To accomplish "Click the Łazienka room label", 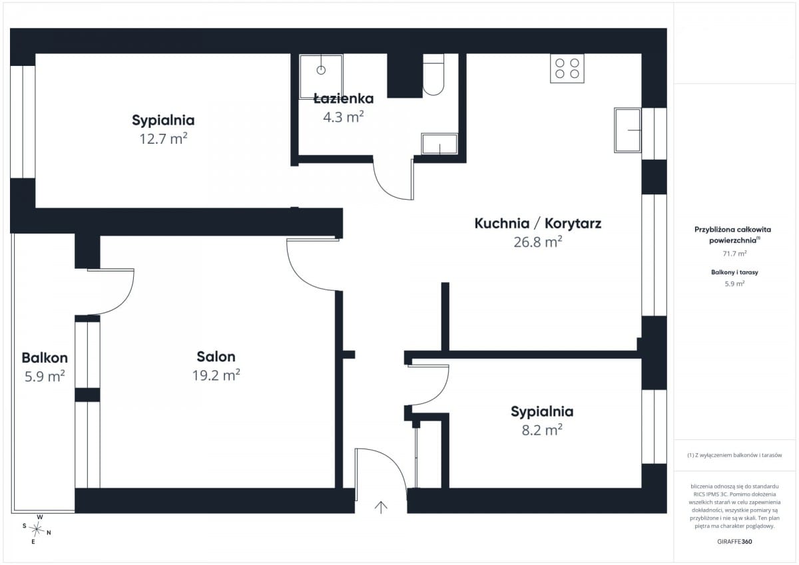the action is pyautogui.click(x=344, y=98).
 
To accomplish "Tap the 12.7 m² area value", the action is pyautogui.click(x=163, y=138).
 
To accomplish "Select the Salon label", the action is pyautogui.click(x=216, y=357).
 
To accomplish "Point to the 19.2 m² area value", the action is pyautogui.click(x=216, y=375).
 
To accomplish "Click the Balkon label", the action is pyautogui.click(x=45, y=357).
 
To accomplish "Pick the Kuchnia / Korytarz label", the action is pyautogui.click(x=538, y=224).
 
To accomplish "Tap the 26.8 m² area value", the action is pyautogui.click(x=538, y=242).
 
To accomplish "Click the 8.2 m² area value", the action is pyautogui.click(x=542, y=430).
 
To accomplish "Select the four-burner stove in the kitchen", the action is pyautogui.click(x=567, y=69).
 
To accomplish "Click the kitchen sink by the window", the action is pyautogui.click(x=627, y=130).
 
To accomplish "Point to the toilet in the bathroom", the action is pyautogui.click(x=433, y=75).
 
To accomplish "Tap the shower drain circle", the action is pyautogui.click(x=321, y=71).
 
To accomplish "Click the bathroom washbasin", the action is pyautogui.click(x=439, y=144).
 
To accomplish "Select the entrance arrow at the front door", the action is pyautogui.click(x=381, y=507).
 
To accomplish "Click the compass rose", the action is pyautogui.click(x=37, y=529).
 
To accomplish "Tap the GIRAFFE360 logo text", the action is pyautogui.click(x=734, y=542).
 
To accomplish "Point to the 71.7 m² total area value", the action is pyautogui.click(x=734, y=254).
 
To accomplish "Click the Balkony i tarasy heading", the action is pyautogui.click(x=734, y=272).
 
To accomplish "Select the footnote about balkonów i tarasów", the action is pyautogui.click(x=734, y=455).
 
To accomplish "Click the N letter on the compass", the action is pyautogui.click(x=49, y=532).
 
